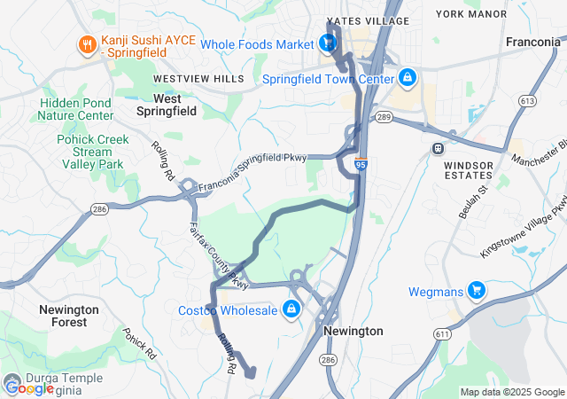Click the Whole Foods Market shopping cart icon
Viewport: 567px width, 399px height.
[x=328, y=43]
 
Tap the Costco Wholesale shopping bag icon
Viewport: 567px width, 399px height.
[x=290, y=309]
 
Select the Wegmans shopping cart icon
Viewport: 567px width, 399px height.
[x=476, y=290]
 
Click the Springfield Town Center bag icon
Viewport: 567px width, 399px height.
[x=408, y=78]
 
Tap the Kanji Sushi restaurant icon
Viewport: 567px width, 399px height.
[x=87, y=45]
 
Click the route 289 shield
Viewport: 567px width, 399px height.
[x=384, y=117]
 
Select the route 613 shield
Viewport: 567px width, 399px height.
[x=528, y=102]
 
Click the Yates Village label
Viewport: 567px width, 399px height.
[x=368, y=20]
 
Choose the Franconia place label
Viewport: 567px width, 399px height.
[x=532, y=42]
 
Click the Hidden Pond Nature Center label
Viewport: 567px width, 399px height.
[x=76, y=109]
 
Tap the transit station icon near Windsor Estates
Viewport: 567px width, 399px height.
[x=437, y=148]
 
